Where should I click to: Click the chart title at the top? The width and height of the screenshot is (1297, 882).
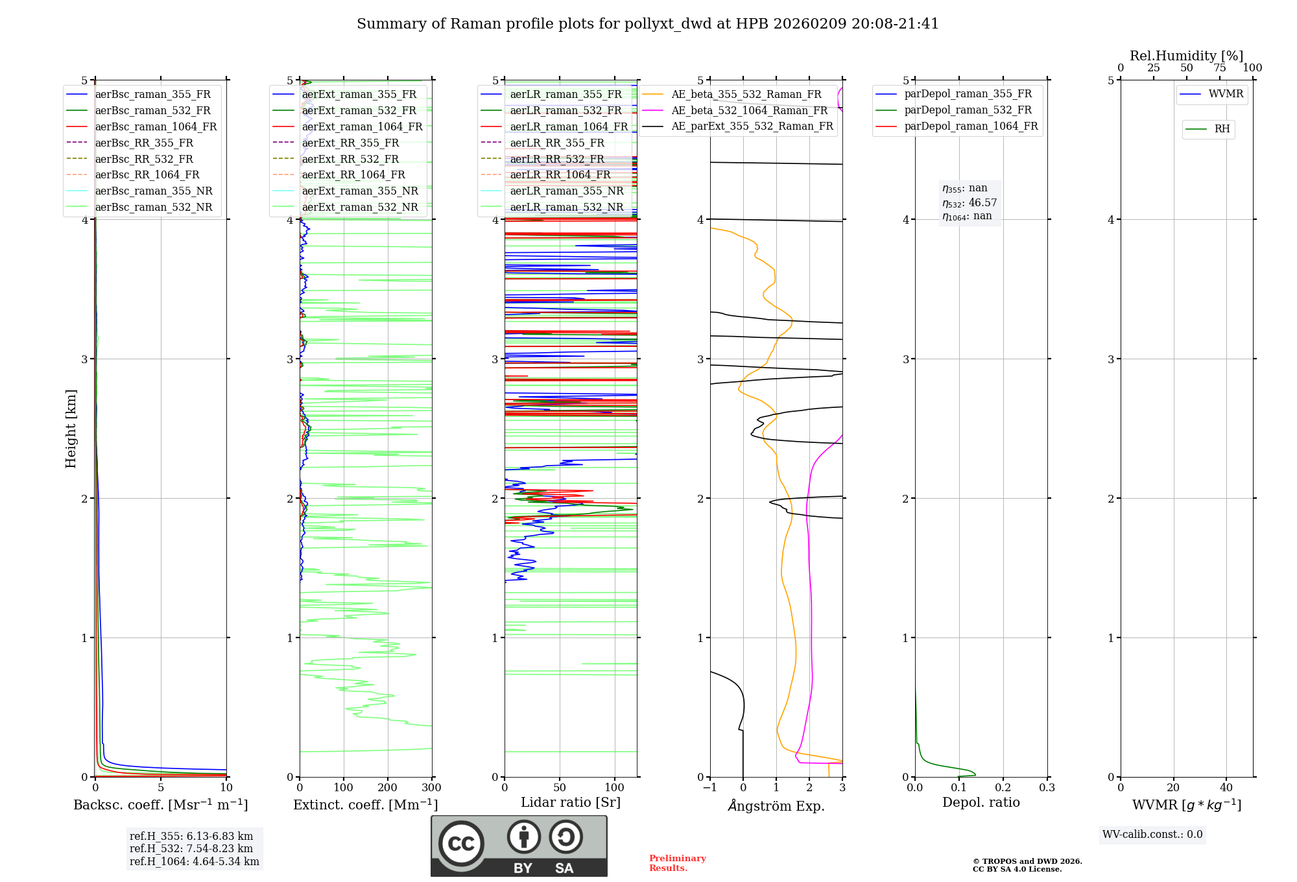647,24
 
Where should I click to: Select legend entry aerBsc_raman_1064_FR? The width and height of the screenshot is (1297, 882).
156,126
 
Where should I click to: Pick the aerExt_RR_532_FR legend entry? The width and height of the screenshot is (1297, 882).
350,159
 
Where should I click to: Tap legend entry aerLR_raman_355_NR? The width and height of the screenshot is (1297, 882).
566,191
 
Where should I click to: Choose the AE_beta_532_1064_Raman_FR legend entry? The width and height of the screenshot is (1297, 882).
749,110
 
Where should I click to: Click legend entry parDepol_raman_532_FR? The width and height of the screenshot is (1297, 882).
968,110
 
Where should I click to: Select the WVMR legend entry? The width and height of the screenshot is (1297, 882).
1225,94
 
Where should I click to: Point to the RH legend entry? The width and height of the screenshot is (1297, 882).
1222,129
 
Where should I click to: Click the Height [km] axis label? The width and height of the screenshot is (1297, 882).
71,428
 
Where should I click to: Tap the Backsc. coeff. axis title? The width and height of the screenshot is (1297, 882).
160,805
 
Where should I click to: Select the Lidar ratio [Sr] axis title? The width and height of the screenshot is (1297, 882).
570,802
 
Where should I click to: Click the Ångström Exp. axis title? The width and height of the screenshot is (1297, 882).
776,805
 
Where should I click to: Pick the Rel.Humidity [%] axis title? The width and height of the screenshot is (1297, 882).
1186,56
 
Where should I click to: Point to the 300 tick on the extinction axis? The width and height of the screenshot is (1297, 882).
431,788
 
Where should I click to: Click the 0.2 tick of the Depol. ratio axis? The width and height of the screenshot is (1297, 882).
1003,788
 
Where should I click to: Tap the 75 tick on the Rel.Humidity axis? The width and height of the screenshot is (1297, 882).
1219,68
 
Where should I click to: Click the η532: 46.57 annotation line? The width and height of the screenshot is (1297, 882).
970,203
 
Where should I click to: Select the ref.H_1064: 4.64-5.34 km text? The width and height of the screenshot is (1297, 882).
194,861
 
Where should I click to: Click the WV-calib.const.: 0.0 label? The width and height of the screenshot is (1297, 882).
1152,835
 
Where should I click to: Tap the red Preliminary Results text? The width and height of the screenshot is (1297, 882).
677,863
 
